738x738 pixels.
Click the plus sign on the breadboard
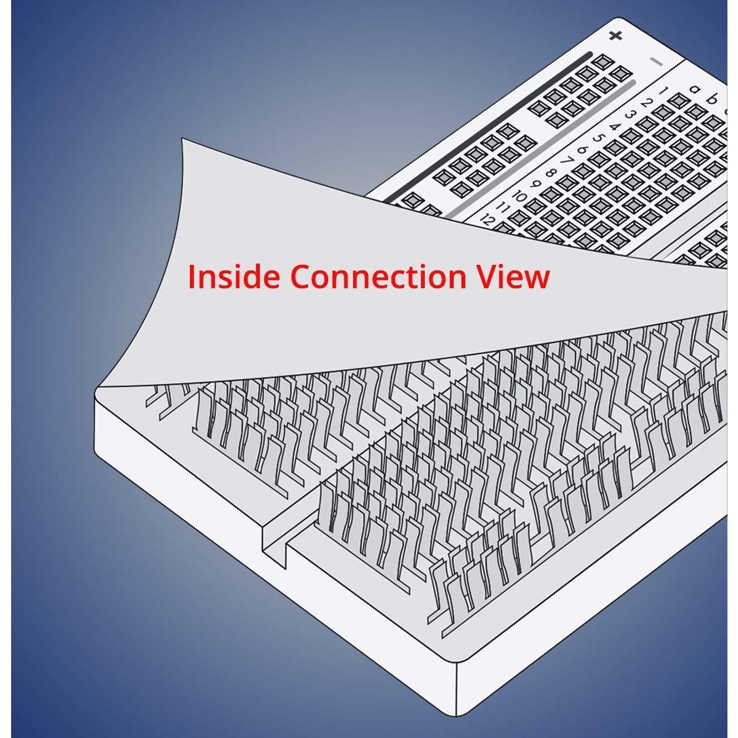[x=615, y=36]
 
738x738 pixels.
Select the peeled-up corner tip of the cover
[x=182, y=139]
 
